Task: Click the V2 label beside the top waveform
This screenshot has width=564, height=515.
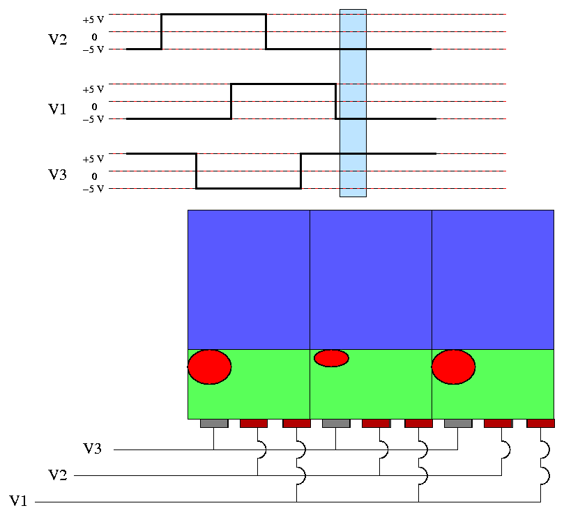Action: tap(58, 40)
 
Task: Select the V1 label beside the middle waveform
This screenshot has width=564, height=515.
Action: tap(58, 109)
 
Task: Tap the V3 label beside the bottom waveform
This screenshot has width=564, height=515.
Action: tap(58, 174)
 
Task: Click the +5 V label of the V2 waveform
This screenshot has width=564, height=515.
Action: tap(93, 20)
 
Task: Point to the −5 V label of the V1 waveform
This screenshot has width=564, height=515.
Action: tap(93, 118)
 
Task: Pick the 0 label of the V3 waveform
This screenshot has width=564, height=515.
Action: tap(94, 176)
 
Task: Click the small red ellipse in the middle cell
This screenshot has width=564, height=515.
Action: tap(331, 358)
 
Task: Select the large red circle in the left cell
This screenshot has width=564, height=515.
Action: tap(209, 367)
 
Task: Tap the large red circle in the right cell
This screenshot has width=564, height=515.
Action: tap(453, 367)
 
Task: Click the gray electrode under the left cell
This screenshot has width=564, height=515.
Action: tap(214, 423)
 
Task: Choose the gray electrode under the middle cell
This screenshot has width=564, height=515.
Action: tap(336, 423)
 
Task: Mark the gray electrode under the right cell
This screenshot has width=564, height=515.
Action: tap(457, 423)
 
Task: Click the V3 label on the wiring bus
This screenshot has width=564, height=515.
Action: tap(93, 449)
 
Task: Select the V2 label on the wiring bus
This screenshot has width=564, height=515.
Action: tap(58, 475)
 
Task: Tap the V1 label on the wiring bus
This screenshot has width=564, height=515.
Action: tap(20, 500)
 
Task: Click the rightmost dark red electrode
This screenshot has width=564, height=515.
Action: tap(540, 423)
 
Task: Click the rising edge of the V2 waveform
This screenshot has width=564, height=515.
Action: tap(162, 31)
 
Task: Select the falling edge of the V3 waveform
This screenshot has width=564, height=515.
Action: tap(197, 171)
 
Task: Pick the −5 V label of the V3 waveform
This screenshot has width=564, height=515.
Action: tap(93, 188)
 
